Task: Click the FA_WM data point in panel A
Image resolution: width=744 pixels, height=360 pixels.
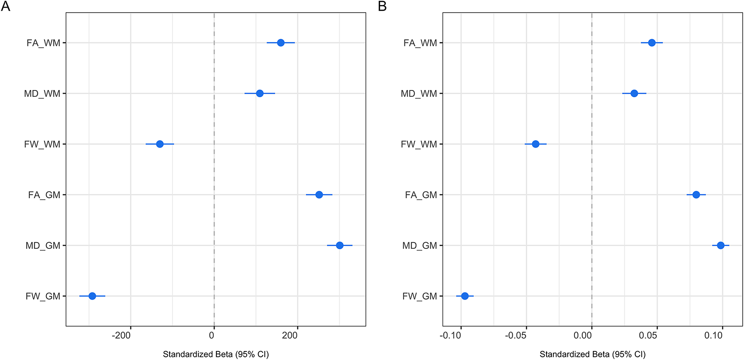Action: [x=281, y=43]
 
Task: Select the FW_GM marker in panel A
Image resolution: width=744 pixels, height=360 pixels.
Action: [x=92, y=296]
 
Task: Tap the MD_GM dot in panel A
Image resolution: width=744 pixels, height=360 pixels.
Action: [x=340, y=245]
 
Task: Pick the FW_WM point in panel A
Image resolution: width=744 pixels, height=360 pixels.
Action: [x=160, y=144]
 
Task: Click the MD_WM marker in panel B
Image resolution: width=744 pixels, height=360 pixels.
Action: [x=634, y=94]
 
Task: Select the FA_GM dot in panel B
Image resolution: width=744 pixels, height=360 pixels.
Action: [x=696, y=195]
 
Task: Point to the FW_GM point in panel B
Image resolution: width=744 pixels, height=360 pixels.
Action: [x=465, y=296]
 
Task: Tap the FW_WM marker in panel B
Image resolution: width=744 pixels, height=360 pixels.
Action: [x=536, y=144]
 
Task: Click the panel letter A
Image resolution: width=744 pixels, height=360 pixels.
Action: [x=5, y=6]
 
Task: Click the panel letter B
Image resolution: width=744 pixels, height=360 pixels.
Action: [x=382, y=6]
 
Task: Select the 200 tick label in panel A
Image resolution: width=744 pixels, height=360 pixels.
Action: [x=290, y=336]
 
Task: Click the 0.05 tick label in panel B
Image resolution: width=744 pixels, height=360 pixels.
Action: [x=648, y=336]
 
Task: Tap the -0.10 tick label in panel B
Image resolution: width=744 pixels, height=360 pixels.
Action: [x=451, y=336]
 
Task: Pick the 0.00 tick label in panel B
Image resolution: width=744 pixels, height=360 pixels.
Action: [x=583, y=336]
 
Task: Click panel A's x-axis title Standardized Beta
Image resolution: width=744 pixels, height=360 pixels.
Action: [x=216, y=355]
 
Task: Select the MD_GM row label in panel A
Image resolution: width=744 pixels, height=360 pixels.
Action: [x=43, y=246]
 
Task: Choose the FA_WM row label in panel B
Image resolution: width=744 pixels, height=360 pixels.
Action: [x=420, y=43]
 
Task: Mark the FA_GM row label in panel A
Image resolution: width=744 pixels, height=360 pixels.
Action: [x=44, y=195]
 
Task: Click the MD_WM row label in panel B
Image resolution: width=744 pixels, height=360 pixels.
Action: [x=419, y=94]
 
